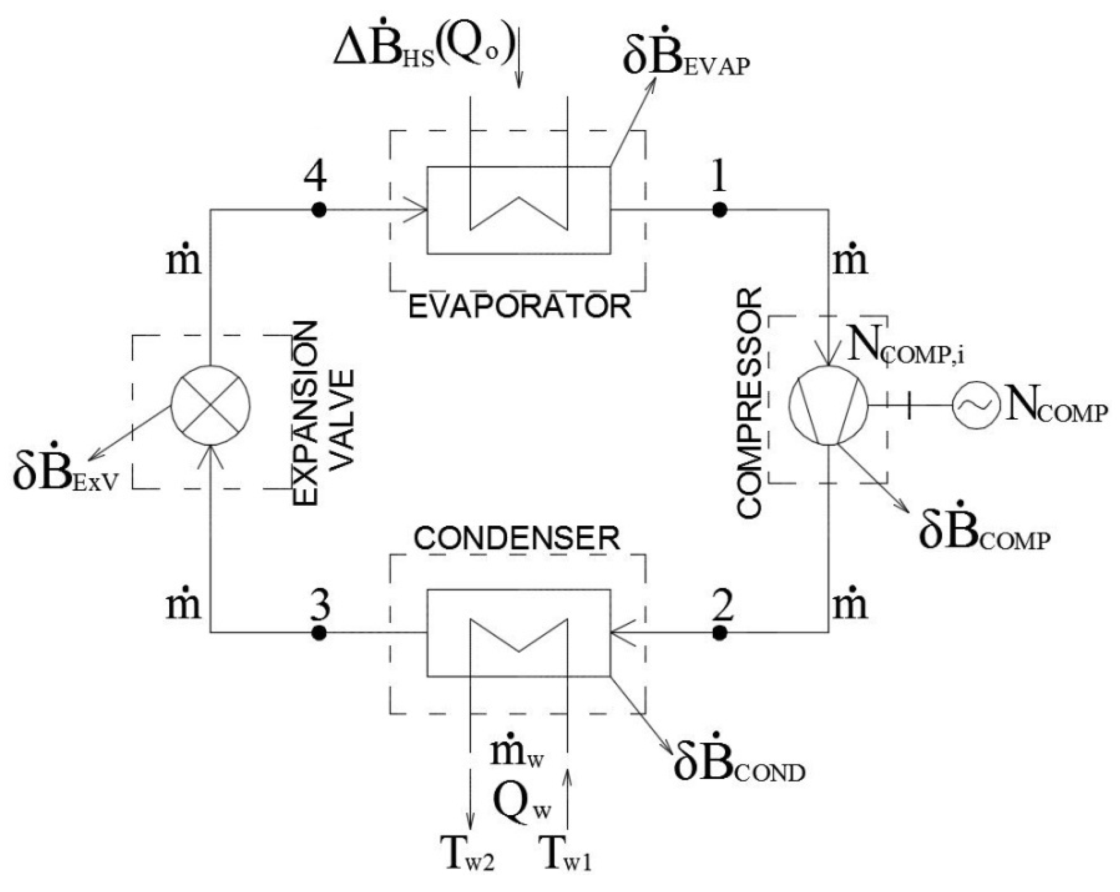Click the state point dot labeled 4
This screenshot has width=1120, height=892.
click(318, 210)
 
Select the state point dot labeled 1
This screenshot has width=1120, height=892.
click(720, 210)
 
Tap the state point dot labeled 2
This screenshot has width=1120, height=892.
click(720, 632)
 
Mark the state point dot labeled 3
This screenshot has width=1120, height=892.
click(318, 632)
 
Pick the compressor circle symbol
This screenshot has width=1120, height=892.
click(829, 405)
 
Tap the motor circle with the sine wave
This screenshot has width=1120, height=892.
click(975, 405)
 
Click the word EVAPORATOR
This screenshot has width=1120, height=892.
click(519, 307)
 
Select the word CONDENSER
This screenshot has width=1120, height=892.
click(517, 539)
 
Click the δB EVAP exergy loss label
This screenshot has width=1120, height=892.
click(686, 61)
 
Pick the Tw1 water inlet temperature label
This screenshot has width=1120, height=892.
click(566, 854)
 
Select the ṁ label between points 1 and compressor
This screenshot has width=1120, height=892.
click(851, 260)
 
